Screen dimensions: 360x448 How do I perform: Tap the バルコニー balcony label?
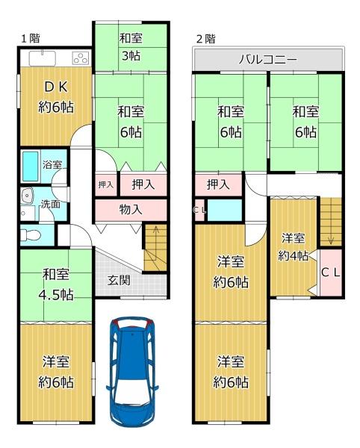267,60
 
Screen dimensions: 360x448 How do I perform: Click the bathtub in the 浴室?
31,167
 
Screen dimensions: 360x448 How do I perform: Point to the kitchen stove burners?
81,58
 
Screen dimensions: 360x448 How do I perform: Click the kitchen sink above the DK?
43,58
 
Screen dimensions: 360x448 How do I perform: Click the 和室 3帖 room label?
131,47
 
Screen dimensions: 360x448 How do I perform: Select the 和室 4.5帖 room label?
56,284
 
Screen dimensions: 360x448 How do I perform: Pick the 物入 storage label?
131,209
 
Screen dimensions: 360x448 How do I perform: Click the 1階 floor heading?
31,38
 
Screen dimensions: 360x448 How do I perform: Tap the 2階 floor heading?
205,39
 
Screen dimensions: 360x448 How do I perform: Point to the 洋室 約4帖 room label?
294,247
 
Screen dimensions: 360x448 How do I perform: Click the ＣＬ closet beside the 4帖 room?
331,273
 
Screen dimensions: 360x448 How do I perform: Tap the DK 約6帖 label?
56,97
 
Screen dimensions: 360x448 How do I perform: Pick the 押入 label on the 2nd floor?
218,185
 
